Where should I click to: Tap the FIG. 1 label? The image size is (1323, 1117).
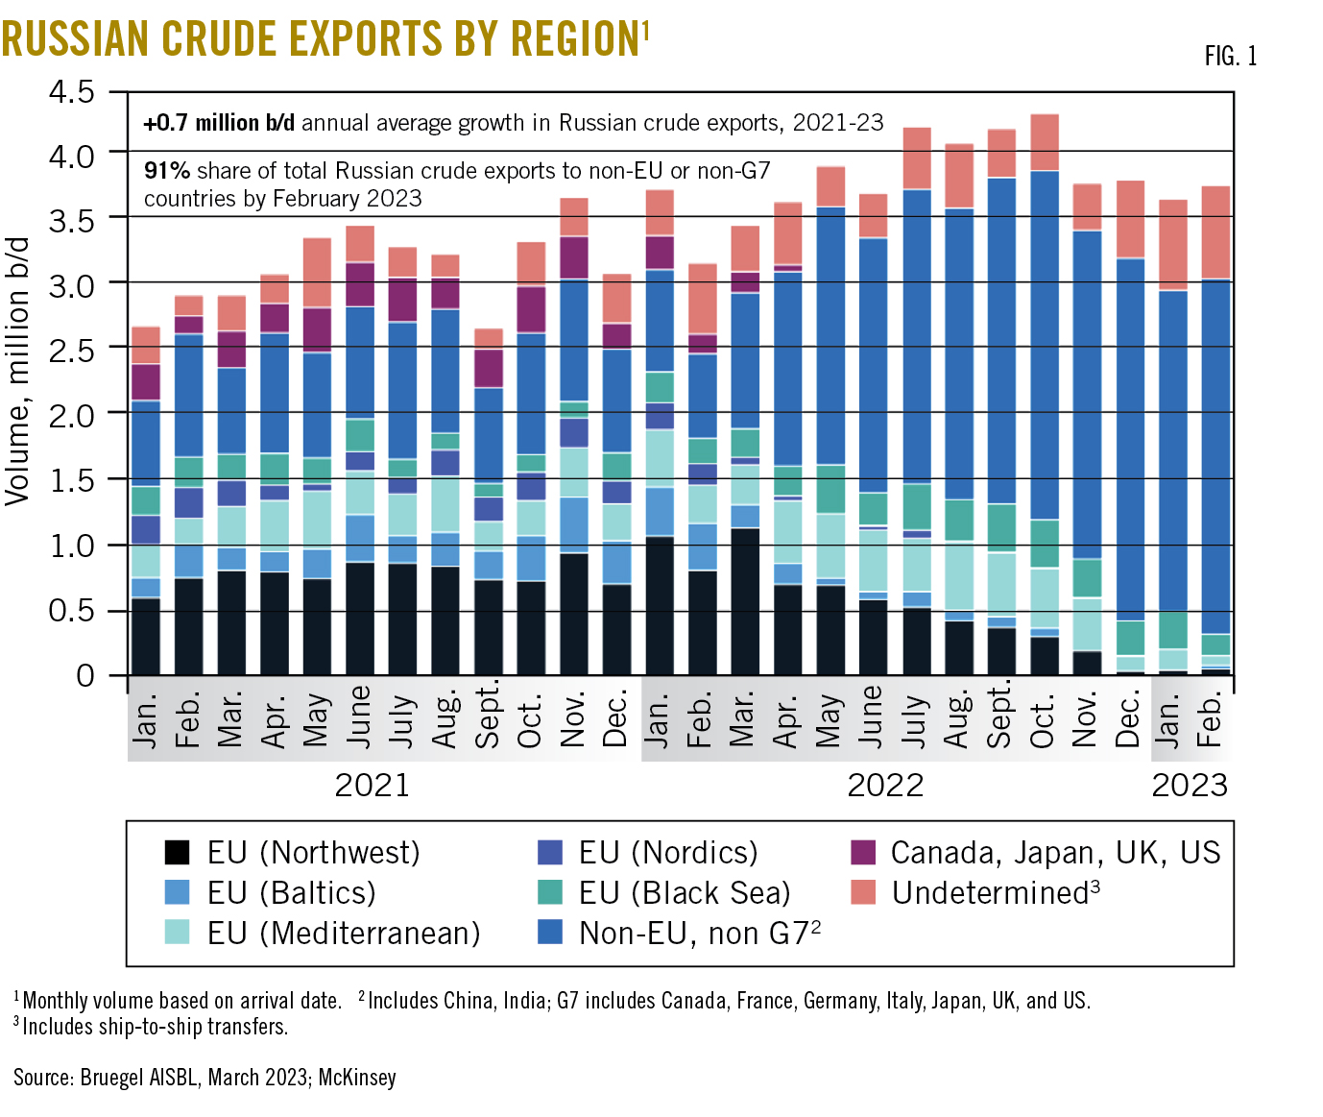1230,57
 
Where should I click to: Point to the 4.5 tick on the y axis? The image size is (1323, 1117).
72,92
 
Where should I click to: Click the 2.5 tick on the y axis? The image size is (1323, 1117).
72,350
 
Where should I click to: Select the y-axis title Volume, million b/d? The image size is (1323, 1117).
17,371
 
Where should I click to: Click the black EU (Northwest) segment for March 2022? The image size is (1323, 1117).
745,601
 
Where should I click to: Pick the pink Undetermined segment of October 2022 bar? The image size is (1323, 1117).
1044,142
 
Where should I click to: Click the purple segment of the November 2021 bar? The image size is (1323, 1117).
574,257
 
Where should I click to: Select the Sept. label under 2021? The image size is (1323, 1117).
488,716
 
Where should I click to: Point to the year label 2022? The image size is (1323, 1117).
884,786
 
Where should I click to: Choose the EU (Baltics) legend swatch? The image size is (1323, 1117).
178,892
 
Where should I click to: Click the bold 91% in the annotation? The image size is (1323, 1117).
167,171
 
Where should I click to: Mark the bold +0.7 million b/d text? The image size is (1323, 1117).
219,123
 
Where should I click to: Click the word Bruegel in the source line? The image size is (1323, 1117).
112,1077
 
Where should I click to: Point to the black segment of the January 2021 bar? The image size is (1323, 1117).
146,636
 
